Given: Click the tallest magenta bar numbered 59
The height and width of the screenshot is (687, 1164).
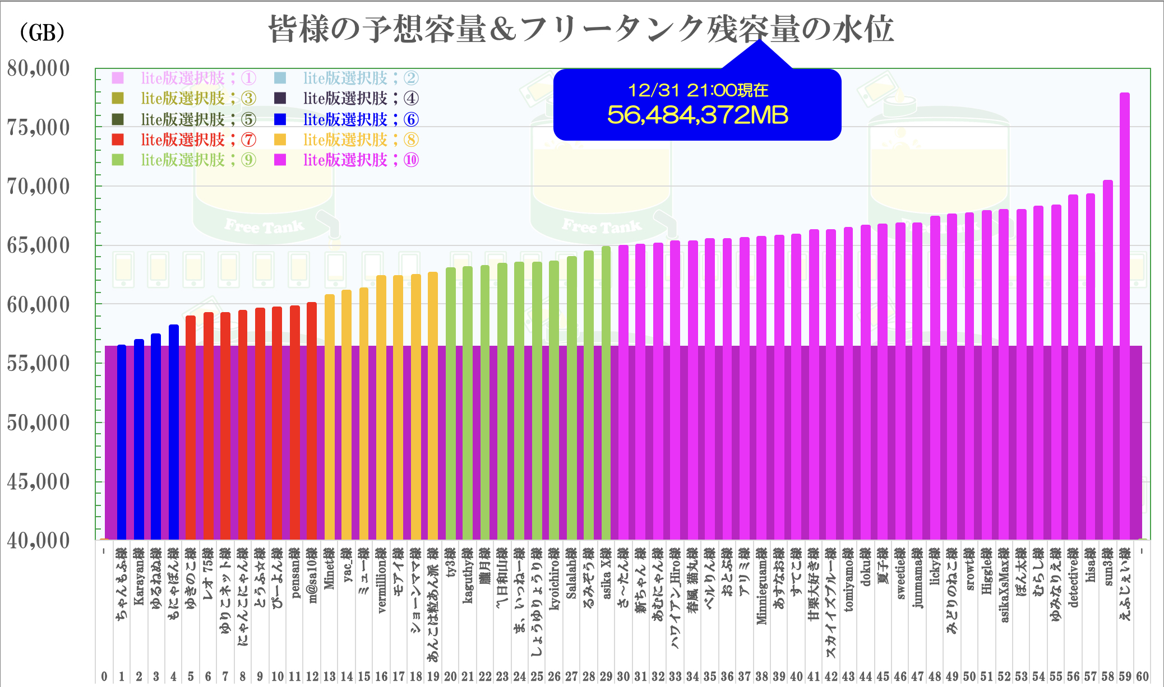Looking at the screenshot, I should click(x=1125, y=314).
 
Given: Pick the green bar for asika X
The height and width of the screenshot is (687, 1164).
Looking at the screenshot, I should click(x=606, y=392).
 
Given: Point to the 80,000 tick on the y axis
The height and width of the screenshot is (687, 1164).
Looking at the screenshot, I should click(x=38, y=68).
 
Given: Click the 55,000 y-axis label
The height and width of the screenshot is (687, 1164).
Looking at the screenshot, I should click(x=38, y=364).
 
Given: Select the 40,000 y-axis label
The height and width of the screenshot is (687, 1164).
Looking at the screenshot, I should click(x=38, y=541).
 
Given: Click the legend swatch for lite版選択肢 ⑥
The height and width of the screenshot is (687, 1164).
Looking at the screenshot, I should click(x=280, y=119).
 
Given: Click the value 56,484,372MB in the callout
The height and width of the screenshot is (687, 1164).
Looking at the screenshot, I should click(x=697, y=115).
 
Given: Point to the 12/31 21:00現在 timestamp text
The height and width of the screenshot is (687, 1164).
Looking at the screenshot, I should click(x=697, y=90).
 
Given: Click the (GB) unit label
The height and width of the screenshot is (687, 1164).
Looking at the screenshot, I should click(x=42, y=33).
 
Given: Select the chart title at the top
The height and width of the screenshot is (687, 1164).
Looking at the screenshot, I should click(x=580, y=29).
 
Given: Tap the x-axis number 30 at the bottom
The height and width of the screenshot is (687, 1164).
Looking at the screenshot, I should click(x=623, y=676).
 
